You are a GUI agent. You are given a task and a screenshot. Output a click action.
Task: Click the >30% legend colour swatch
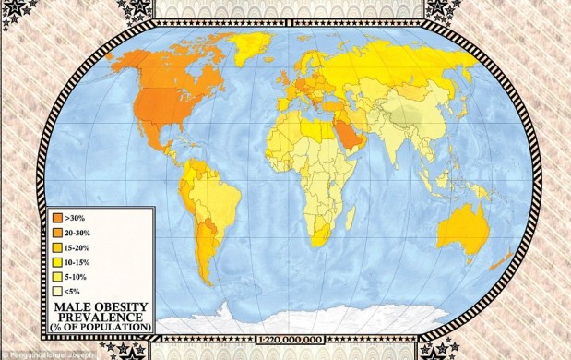tap(58, 218)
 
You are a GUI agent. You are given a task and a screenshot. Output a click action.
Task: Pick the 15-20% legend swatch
tap(58, 246)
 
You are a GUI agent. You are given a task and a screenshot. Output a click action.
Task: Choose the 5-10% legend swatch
tap(58, 275)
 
